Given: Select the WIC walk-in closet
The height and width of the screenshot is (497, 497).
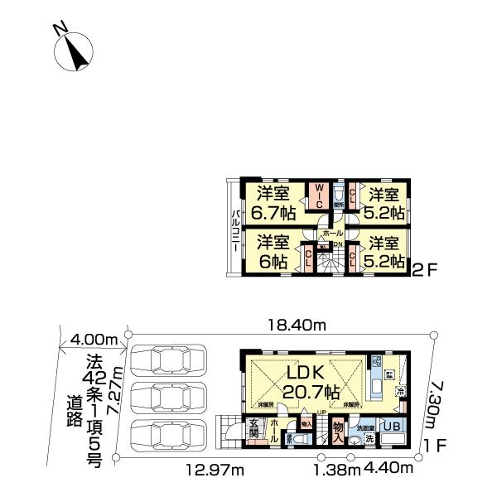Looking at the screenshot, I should pos(320,200).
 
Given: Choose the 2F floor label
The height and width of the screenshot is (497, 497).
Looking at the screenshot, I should pos(424,269).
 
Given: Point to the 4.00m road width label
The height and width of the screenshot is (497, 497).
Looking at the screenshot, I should pos(92,338).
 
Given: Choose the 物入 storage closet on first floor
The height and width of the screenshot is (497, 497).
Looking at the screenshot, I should pos(338,430).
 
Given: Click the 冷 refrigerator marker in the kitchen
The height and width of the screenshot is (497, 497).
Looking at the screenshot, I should pos(401,391).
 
